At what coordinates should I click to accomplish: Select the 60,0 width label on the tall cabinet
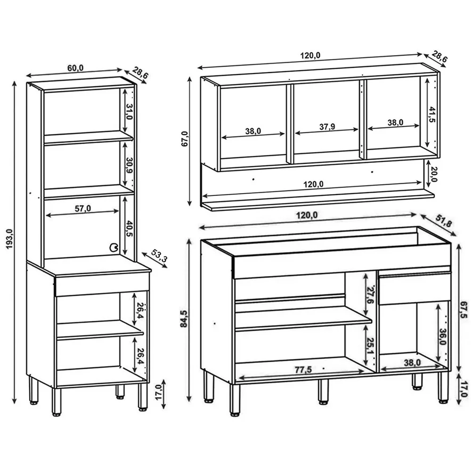(75, 68)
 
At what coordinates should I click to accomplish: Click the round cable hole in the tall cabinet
(113, 247)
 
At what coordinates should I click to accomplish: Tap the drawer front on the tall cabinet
(102, 284)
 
